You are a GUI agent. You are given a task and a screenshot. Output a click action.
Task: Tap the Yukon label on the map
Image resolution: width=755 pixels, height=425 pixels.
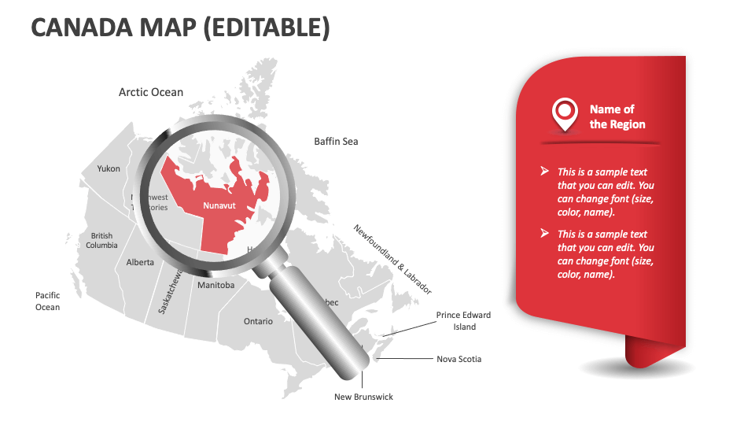(109, 168)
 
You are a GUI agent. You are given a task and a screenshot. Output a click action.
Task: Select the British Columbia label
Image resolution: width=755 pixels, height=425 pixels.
(101, 240)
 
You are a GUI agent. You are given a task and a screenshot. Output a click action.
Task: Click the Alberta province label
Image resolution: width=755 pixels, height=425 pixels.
(140, 262)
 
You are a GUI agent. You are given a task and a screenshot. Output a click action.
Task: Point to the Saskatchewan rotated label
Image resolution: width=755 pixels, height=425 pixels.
(171, 291)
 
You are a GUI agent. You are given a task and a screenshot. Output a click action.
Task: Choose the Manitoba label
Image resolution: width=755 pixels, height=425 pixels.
(215, 285)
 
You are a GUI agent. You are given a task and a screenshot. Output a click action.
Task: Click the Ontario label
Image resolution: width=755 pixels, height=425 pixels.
(258, 321)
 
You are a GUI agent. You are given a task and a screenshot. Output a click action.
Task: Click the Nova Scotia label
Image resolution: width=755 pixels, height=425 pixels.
(459, 359)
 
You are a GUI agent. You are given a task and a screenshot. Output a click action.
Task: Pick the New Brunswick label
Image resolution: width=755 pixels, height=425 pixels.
(363, 397)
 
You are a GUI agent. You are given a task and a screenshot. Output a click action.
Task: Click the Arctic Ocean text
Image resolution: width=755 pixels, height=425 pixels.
(151, 92)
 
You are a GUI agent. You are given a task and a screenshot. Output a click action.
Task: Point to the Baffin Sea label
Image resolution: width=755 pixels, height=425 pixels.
(336, 142)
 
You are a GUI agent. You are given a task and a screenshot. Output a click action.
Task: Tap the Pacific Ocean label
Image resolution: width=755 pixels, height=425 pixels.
(47, 301)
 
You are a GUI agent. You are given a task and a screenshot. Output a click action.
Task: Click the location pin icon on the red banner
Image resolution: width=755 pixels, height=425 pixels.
(564, 115)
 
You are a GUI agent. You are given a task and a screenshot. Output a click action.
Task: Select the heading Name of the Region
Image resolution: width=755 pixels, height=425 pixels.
(617, 116)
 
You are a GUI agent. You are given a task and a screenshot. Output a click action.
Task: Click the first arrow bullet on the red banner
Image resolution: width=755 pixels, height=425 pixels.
(544, 171)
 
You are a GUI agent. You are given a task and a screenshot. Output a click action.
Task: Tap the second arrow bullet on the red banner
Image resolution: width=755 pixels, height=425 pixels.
(544, 233)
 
